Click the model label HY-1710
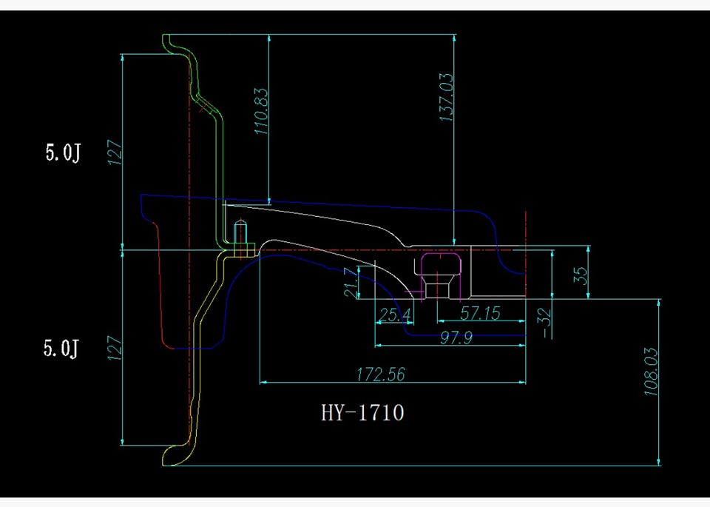362,412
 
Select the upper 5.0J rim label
62,152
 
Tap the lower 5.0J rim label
61,348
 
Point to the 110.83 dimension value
261,112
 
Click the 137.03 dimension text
447,97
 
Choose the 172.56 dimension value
380,375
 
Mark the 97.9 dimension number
456,338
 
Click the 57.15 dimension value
480,313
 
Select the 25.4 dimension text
395,314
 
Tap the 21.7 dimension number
351,282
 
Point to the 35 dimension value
581,275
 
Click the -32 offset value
547,323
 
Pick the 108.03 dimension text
651,372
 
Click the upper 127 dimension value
115,152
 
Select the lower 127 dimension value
114,348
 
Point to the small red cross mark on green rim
206,107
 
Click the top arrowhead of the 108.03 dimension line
658,303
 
